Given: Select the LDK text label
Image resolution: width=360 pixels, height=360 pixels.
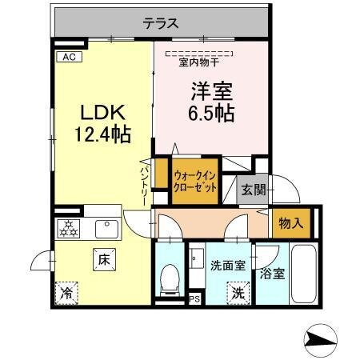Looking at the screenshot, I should click(102, 112).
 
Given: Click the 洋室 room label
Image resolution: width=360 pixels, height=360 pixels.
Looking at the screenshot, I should click(213, 90).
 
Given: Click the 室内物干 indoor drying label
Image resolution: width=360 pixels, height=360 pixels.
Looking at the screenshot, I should click(200, 62).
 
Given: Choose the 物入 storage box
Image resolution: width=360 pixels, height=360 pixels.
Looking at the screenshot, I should click(290, 222).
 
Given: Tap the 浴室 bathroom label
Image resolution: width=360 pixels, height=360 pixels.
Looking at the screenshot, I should click(273, 274).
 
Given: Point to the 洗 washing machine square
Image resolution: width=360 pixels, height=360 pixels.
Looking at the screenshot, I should click(238, 293).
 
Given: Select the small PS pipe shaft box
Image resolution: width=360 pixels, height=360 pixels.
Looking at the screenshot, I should click(194, 300).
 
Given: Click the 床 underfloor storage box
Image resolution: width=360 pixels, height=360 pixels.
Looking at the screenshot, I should click(104, 259).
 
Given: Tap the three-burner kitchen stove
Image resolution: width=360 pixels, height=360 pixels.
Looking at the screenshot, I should click(70, 230).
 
